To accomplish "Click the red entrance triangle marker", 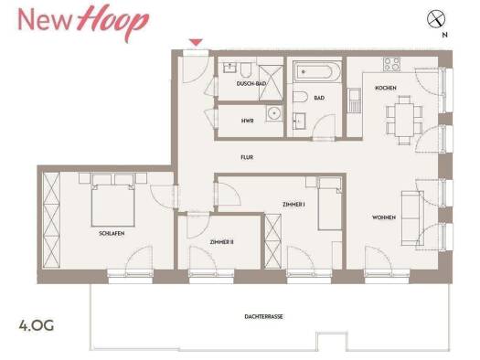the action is pos(196,42).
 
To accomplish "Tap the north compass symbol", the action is pos(436,18).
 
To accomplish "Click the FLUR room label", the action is pos(247,157).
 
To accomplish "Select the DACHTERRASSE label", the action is pos(263,316).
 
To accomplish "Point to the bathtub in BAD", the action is pos(317,72).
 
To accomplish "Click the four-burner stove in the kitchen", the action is pos(392,64).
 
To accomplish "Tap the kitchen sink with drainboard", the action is pos(355,100).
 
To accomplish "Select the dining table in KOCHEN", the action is pos(404,120).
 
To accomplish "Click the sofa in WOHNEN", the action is pos(412,218).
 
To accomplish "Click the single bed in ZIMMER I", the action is pos(330,204).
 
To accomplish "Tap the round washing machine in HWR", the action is pos(274,114).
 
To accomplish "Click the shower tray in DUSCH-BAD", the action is pos(271,83).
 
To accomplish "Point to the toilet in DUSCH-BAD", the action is pos(246,69).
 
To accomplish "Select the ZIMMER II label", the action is pos(221,242).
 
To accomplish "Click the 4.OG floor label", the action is pos(37,325).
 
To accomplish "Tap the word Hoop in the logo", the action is pos(112,21).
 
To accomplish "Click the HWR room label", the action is pos(248,121).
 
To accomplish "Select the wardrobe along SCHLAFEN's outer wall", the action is pos(51,220).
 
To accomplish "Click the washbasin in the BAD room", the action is pos(299,121).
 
